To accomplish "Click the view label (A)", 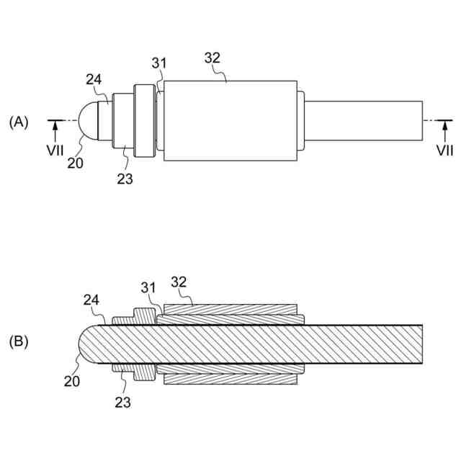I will click(x=19, y=122).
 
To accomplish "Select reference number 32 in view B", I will click(x=179, y=280).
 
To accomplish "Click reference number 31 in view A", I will click(x=160, y=64).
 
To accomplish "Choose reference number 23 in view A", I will click(x=125, y=179).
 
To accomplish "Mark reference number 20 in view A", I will click(x=75, y=163).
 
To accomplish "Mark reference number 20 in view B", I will click(x=72, y=382).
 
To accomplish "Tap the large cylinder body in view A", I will click(x=230, y=120).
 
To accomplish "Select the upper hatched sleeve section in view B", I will click(x=230, y=315).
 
